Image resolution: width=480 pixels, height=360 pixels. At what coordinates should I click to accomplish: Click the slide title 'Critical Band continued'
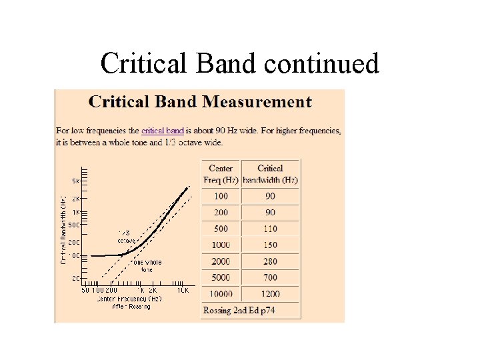pos(239,63)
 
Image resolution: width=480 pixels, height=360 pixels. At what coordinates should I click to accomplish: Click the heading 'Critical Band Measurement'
pos(200,102)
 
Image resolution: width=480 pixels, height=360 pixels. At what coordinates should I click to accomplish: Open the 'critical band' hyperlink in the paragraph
pos(163,131)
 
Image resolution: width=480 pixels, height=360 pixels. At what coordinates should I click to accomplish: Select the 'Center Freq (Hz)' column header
pos(221,174)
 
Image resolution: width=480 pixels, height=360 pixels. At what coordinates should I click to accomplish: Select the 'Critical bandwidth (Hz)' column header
pos(270,174)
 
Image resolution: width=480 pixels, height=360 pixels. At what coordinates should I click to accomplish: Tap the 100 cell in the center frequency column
pos(221,196)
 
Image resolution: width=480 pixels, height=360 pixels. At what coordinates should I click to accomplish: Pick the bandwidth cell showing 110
pos(270,229)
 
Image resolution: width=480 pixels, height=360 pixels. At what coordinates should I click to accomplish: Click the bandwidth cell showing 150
pos(270,245)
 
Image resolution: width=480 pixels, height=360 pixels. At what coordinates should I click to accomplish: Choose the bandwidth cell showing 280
pos(270,261)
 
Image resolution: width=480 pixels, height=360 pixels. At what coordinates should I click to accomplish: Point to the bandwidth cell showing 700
pos(270,277)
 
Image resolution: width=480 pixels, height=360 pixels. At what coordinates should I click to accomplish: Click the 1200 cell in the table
pos(270,294)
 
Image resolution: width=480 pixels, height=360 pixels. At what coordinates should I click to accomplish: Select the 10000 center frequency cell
pos(221,294)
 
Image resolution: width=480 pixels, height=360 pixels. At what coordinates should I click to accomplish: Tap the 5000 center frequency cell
pos(221,277)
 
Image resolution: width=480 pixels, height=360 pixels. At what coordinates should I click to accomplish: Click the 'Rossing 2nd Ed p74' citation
pos(239,310)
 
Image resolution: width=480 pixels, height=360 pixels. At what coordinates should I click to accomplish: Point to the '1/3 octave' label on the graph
pos(126,237)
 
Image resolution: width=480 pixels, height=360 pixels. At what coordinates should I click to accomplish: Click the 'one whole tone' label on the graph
pos(147,265)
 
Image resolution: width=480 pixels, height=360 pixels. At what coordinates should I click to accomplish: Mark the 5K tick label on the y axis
pos(76,181)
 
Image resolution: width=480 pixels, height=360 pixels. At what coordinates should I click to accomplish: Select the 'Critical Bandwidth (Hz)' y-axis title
pos(63,230)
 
